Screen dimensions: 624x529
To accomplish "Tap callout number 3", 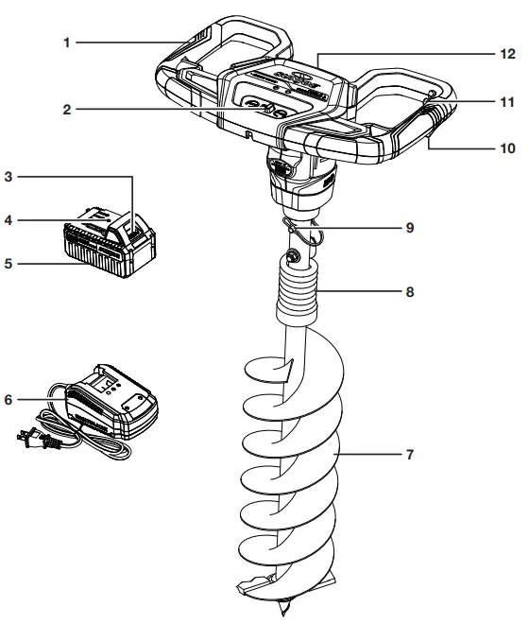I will pos(9,176).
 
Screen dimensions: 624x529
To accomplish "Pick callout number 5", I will pos(9,264).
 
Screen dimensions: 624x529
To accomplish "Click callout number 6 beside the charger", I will pos(9,400).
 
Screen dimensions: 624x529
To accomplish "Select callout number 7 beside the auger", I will pos(410,455).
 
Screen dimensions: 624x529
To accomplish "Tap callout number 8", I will pos(410,293).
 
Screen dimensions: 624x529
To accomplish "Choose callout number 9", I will pos(410,228).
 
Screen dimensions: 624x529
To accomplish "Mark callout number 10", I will pos(507,148).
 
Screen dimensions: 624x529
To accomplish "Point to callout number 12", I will pos(507,55).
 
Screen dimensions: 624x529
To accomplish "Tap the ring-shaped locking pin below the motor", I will pos(302,227).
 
